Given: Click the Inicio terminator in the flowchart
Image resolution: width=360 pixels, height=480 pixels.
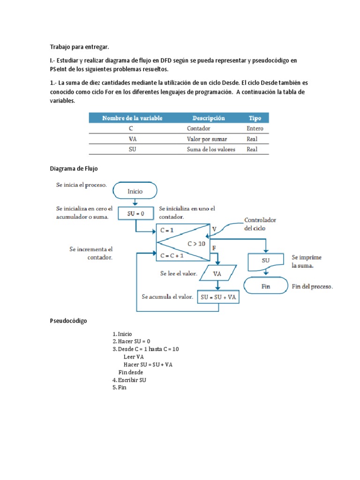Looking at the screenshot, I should click(x=135, y=191).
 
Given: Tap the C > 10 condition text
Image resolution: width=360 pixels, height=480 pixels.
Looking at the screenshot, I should click(x=197, y=243).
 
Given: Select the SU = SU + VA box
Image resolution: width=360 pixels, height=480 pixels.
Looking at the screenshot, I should click(x=217, y=297).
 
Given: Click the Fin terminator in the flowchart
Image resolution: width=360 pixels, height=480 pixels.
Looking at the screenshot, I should click(x=265, y=286).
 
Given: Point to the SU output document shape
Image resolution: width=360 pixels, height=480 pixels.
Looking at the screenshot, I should click(x=265, y=260).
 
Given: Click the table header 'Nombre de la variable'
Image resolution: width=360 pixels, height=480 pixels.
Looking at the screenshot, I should click(x=132, y=118).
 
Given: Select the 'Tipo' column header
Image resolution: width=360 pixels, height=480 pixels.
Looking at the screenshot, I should click(x=255, y=118).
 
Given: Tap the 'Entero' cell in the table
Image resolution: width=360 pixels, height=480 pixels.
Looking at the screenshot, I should click(x=255, y=128).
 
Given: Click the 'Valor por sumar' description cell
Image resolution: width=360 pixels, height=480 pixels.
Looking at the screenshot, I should click(x=206, y=139).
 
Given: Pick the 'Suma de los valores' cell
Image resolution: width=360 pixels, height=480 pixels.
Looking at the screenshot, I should click(x=211, y=150).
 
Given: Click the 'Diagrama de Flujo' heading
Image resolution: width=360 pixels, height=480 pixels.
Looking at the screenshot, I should click(x=74, y=168).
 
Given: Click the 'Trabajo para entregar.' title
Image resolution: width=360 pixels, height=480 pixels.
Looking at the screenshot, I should click(x=79, y=47).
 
